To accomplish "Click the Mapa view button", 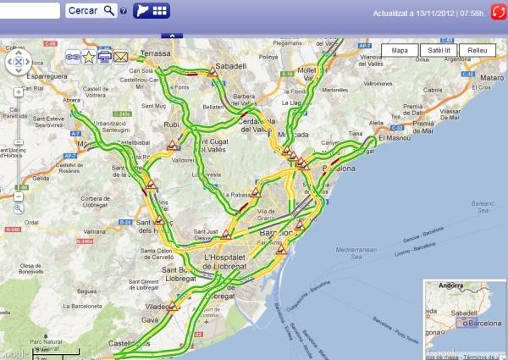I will click(400, 51).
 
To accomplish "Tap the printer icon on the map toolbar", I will click(105, 57).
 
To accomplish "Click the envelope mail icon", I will click(120, 57).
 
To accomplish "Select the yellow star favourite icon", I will click(89, 57).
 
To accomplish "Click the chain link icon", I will click(74, 57).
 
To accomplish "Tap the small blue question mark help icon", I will click(124, 11).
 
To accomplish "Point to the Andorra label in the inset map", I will click(451, 287).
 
